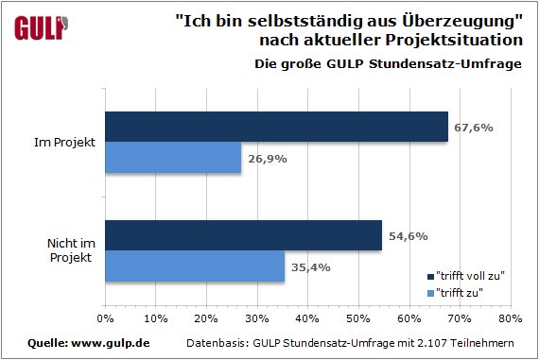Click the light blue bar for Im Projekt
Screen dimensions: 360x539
tap(173, 158)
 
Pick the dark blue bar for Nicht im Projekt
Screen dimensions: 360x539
tap(243, 236)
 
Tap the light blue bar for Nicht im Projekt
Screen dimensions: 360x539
tap(195, 266)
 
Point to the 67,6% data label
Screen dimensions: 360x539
tap(474, 127)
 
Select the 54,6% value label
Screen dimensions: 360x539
tap(408, 236)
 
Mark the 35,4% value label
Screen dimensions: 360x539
tap(310, 266)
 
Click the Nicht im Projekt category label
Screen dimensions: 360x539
tap(67, 251)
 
